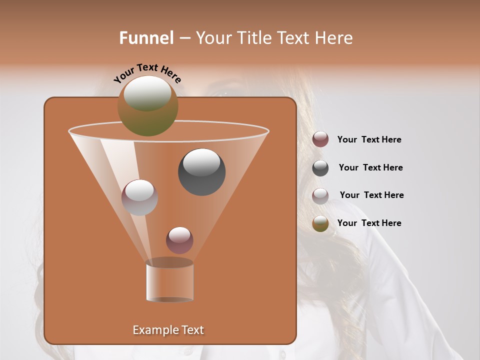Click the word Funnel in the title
pos(146,38)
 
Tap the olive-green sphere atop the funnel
pos(147,105)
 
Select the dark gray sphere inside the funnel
pos(201,172)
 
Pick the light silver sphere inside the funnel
pos(139,197)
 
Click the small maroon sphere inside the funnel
pos(179,240)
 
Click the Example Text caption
pos(168,330)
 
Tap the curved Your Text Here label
pos(147,73)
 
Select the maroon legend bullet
pos(320,139)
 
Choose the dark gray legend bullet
pos(320,168)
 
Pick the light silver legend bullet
pos(320,195)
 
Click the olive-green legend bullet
pos(320,223)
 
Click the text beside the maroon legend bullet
pos(369,139)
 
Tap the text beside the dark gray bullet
pos(370,167)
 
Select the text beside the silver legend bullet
pos(371,195)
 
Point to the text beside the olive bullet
pos(369,223)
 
